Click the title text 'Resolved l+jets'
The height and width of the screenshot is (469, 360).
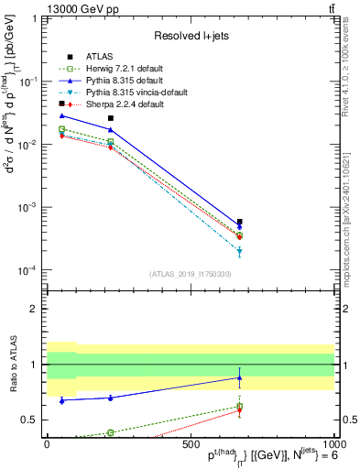coord(191,36)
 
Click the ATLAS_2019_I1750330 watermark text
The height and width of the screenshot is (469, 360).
coord(191,273)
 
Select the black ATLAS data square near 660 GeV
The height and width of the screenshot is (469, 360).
coord(239,222)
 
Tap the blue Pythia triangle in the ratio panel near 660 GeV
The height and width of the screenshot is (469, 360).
coord(239,377)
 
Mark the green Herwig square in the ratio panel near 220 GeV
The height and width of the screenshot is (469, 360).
coord(110,432)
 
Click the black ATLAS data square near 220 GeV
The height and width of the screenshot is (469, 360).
coord(110,118)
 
